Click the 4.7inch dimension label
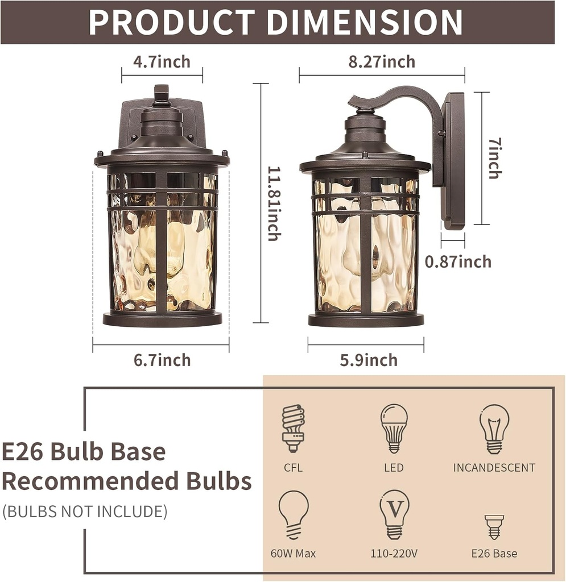click(x=162, y=61)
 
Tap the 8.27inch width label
click(x=382, y=61)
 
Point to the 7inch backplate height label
click(x=495, y=158)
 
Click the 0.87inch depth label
click(x=458, y=261)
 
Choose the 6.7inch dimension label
click(x=162, y=360)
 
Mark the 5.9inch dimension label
click(x=369, y=360)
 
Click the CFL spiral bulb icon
click(x=294, y=428)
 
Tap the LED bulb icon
click(x=394, y=429)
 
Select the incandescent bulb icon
click(x=494, y=429)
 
